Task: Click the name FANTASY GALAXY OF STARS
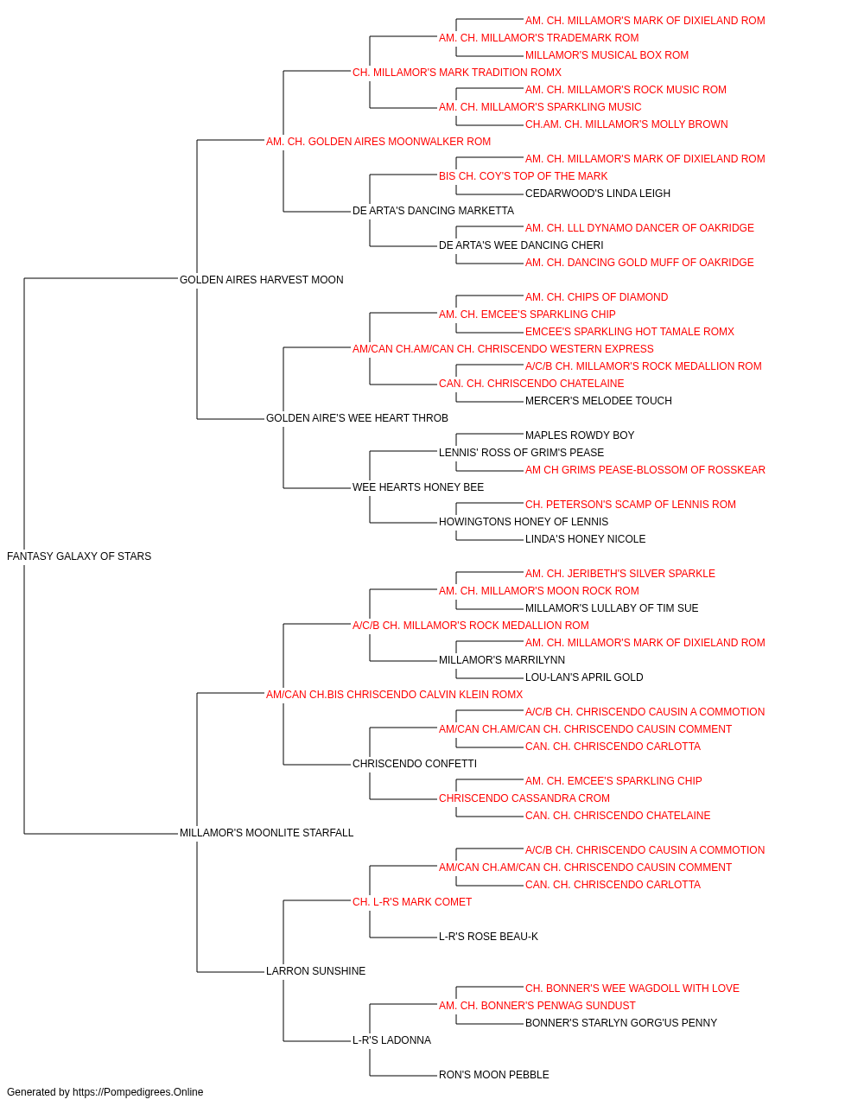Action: [x=79, y=556]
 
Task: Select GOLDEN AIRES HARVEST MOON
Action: [x=262, y=280]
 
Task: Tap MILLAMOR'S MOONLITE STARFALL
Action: [x=267, y=833]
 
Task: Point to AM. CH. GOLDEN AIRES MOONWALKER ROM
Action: [x=378, y=142]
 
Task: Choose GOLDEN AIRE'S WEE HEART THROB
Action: [x=357, y=418]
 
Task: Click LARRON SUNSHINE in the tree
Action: [x=316, y=971]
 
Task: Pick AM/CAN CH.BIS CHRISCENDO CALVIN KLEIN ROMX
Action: [x=394, y=695]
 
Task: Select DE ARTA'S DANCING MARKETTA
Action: [x=433, y=211]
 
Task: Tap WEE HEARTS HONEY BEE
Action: [x=418, y=487]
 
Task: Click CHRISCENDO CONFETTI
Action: [x=415, y=764]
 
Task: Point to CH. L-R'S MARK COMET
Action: [x=412, y=902]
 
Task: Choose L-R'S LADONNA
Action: [x=391, y=1040]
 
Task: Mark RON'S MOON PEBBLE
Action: [x=494, y=1075]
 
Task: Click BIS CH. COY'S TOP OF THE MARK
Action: [x=523, y=176]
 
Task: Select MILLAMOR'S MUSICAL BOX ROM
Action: [x=607, y=55]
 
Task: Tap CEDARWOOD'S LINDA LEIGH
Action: [x=598, y=194]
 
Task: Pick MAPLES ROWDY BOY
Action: [x=580, y=435]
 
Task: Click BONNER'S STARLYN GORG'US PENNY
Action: [x=621, y=1023]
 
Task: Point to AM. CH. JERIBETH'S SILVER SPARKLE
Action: [x=620, y=574]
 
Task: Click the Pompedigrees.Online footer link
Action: [x=138, y=1092]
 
